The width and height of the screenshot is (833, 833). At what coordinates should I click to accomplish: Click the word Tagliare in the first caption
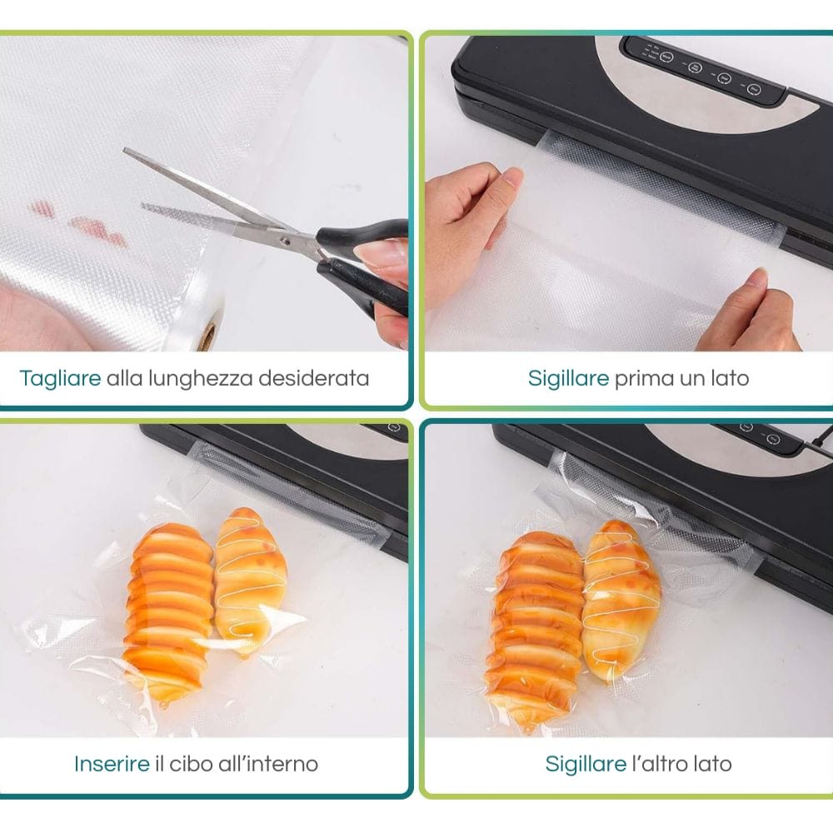click(60, 378)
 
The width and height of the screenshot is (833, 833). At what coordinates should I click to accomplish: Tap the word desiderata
click(313, 378)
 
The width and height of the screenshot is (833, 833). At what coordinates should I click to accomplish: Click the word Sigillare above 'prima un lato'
click(568, 379)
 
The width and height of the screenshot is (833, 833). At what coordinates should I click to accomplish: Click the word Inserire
click(112, 764)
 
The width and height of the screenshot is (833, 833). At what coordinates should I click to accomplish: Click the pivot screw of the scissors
click(285, 241)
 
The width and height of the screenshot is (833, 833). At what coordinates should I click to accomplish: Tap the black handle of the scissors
click(367, 266)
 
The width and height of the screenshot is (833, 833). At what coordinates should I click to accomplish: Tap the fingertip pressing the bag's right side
click(756, 277)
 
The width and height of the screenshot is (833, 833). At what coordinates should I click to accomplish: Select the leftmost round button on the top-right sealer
click(666, 57)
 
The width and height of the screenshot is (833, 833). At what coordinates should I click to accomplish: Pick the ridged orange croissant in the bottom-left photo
click(169, 611)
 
